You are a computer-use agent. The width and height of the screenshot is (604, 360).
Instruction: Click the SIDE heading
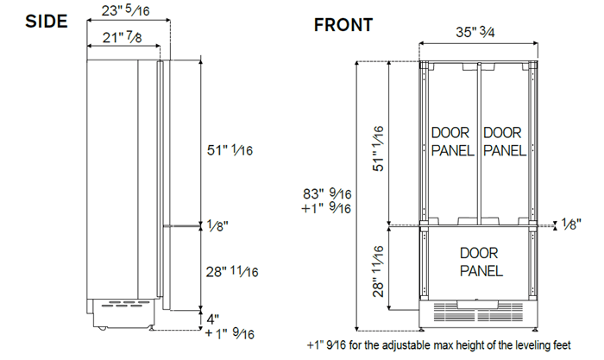point(35,22)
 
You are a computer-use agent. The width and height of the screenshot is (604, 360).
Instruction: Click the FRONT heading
point(343,25)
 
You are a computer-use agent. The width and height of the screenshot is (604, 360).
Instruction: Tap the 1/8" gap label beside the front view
point(570,224)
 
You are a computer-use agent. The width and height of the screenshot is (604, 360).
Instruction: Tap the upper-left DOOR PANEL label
point(451,142)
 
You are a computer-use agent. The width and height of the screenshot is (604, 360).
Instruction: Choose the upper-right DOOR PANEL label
point(504,142)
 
